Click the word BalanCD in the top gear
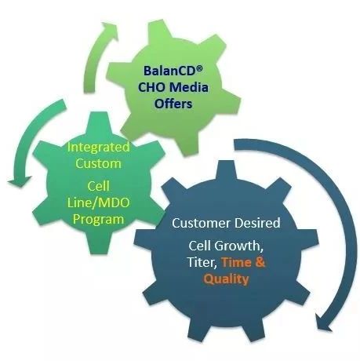[170, 71]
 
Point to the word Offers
[173, 104]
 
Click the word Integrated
[99, 148]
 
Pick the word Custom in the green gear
[99, 164]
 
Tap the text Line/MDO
[99, 202]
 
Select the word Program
[99, 219]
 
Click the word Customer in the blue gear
[202, 223]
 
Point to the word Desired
[257, 223]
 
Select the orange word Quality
[226, 279]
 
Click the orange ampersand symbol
[260, 262]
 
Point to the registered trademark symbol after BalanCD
[199, 68]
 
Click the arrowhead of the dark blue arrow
[323, 323]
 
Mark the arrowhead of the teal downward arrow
[20, 181]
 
